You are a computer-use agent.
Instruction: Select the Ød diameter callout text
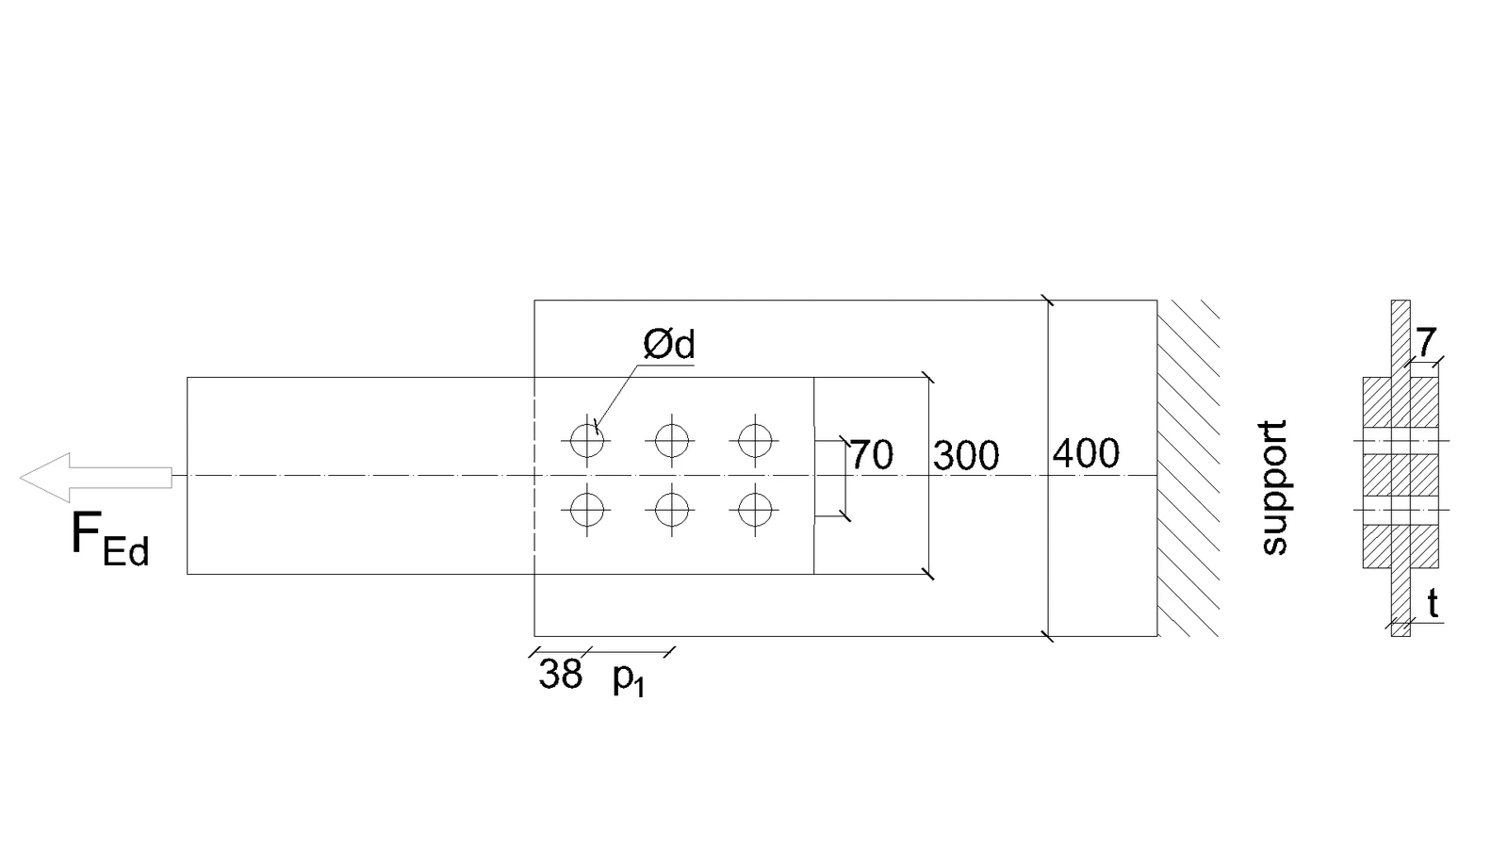click(x=668, y=345)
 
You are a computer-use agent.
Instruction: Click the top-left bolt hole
click(x=587, y=441)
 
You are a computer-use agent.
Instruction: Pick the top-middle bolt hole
click(x=671, y=441)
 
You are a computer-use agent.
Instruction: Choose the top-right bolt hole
click(x=755, y=441)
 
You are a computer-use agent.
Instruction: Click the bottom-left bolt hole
click(x=587, y=510)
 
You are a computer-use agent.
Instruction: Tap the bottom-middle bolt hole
click(x=671, y=510)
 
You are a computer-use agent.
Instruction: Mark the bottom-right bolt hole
click(x=755, y=510)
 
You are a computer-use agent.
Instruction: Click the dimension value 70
click(x=872, y=455)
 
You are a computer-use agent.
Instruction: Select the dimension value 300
click(x=966, y=456)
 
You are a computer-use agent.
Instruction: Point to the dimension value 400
click(x=1086, y=453)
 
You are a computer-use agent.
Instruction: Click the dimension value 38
click(x=560, y=674)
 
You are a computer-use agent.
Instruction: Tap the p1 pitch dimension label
click(x=629, y=679)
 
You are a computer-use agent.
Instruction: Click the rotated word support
click(x=1272, y=488)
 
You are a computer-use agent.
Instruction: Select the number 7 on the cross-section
click(x=1425, y=342)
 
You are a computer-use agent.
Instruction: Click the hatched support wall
click(x=1188, y=468)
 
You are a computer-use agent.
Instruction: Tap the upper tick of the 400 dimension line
click(x=1047, y=301)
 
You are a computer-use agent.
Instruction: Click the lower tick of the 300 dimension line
click(x=928, y=574)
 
